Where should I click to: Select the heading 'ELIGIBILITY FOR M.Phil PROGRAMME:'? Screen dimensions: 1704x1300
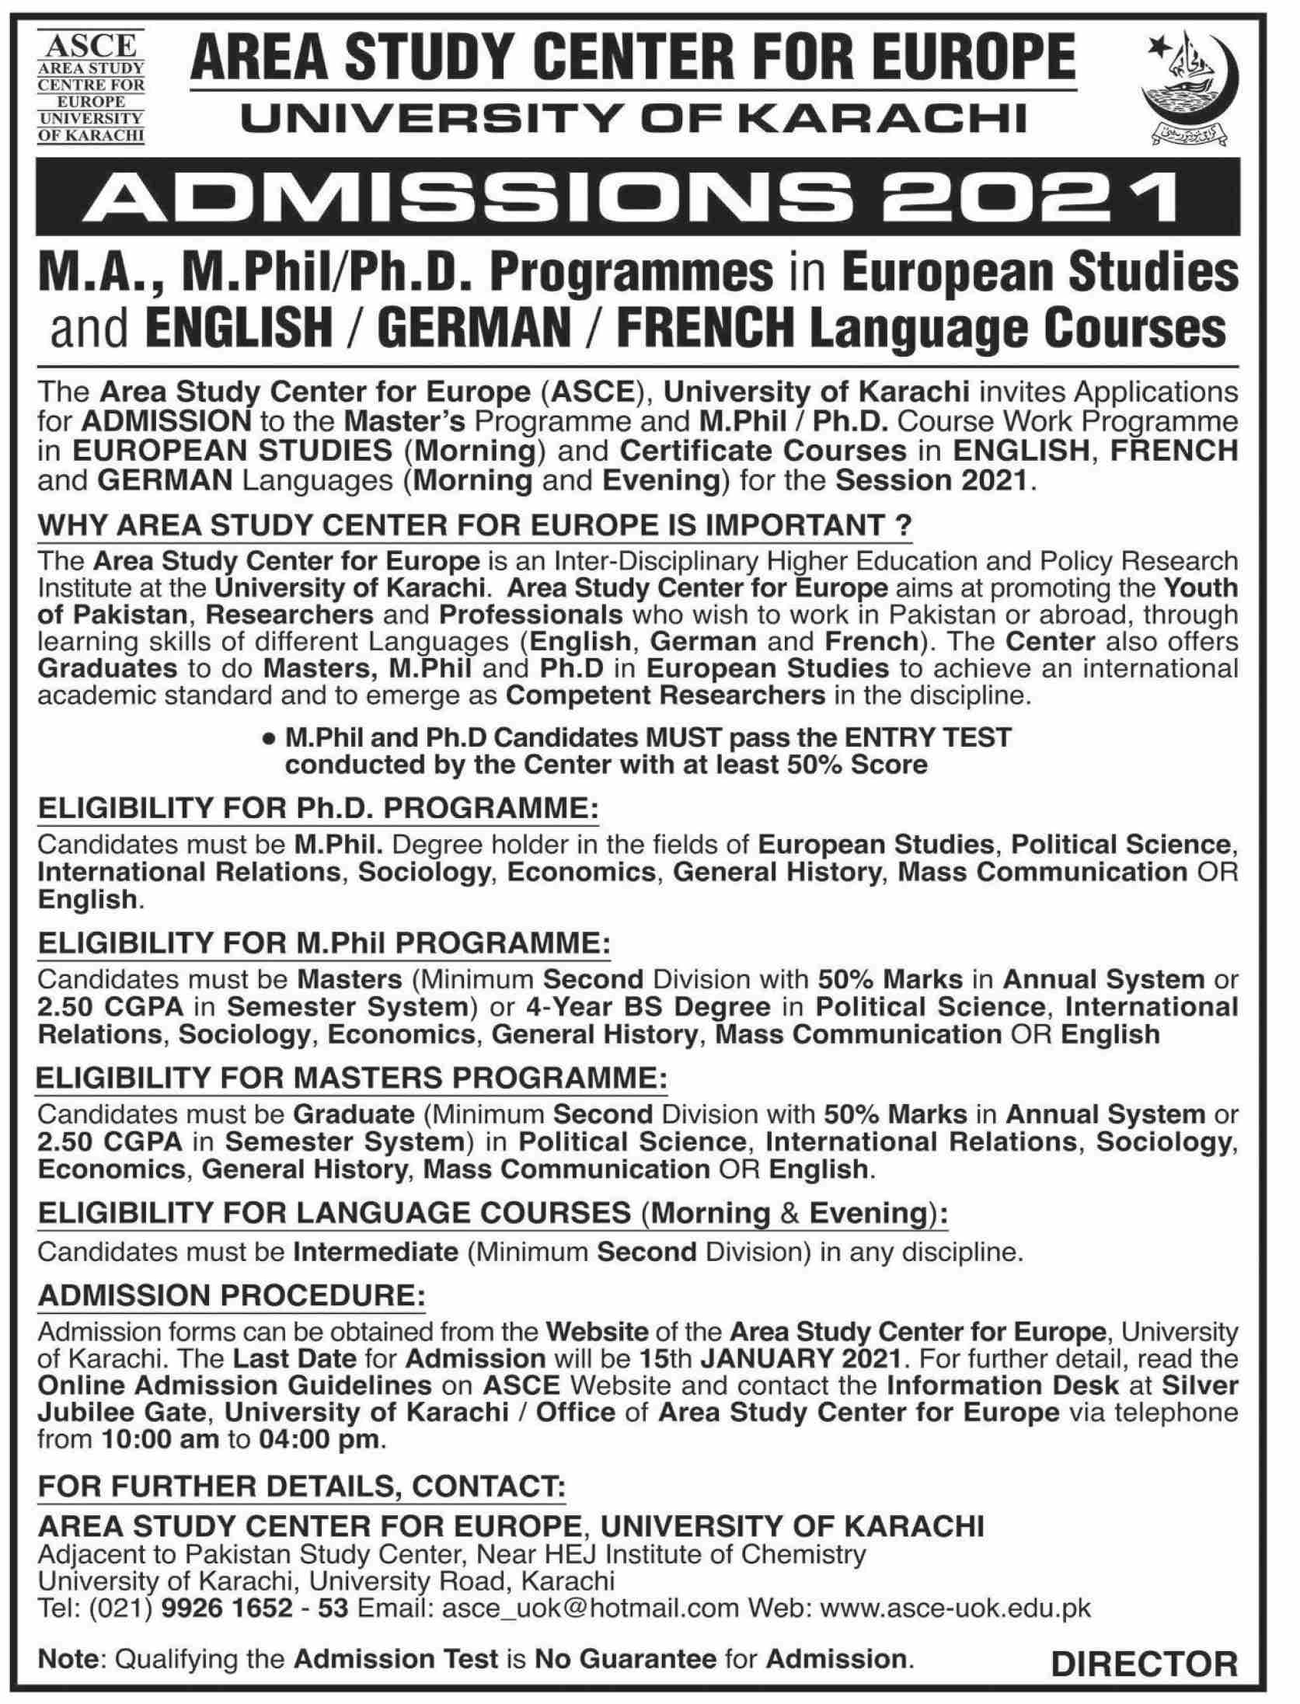(324, 944)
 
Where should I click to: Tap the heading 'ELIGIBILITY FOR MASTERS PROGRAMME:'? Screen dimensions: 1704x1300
(352, 1080)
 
